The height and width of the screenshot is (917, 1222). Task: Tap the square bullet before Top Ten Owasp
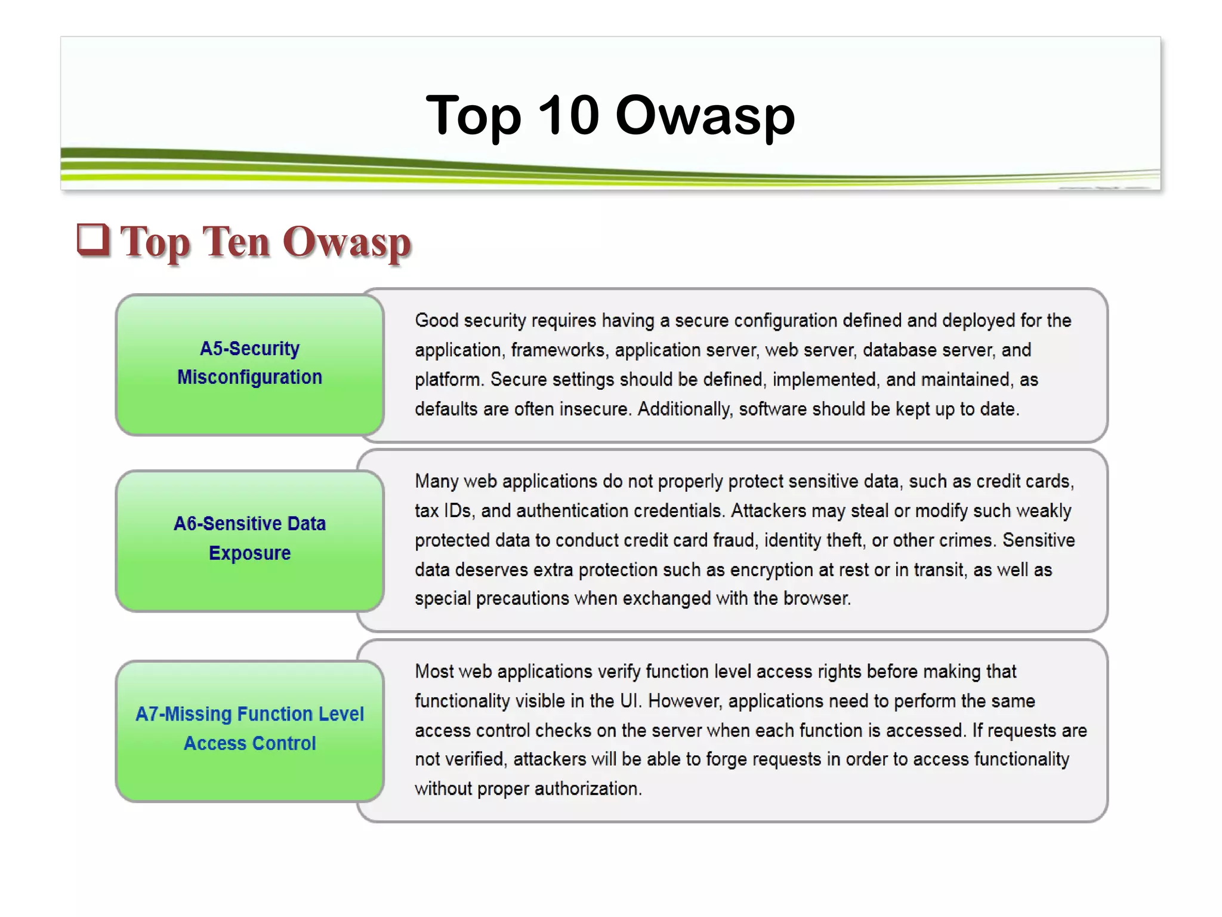[93, 240]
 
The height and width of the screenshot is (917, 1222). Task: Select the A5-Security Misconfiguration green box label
[249, 363]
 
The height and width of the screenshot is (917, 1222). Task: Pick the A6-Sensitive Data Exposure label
[249, 538]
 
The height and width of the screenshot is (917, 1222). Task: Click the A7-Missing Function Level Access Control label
[249, 728]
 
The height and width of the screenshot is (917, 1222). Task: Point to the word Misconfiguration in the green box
[249, 377]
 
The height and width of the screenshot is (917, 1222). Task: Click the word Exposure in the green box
[249, 553]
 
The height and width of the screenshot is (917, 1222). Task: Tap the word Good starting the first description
[436, 321]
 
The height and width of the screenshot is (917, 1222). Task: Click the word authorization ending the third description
[588, 789]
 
